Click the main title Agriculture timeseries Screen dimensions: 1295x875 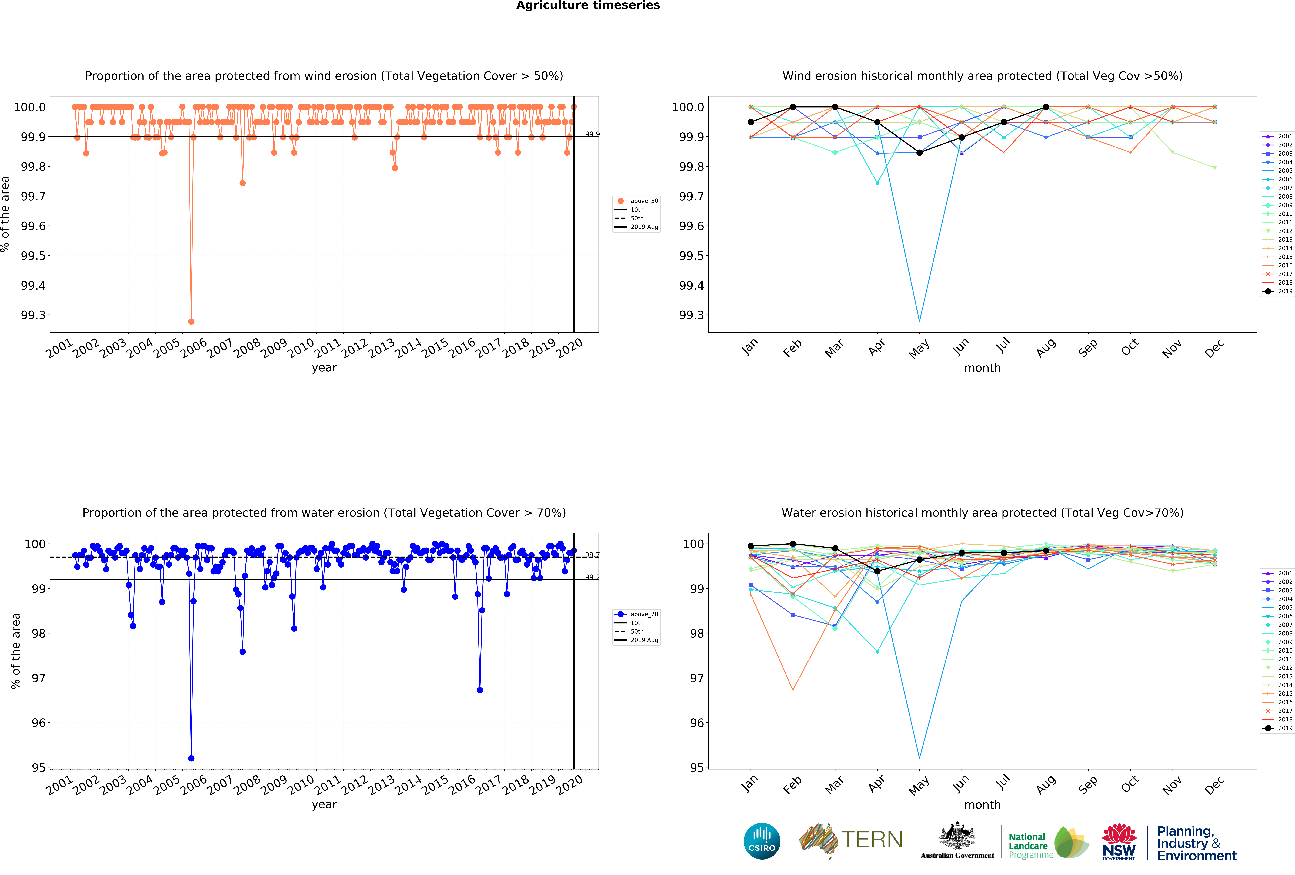[x=588, y=6]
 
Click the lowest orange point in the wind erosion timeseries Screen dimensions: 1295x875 [x=191, y=321]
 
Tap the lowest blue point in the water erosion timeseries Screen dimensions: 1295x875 [x=191, y=758]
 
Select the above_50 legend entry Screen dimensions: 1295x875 [x=636, y=201]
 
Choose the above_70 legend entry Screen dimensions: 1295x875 [x=636, y=614]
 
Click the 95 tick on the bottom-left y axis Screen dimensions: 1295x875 [x=38, y=767]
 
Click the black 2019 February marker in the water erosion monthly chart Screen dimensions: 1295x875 [x=793, y=544]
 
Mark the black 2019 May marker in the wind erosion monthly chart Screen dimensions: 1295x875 [x=919, y=153]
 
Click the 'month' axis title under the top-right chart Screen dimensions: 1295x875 [x=982, y=368]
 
